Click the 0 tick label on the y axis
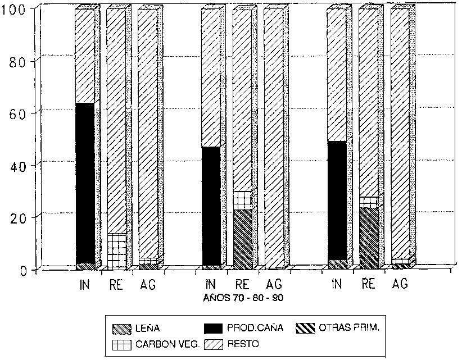click(24, 270)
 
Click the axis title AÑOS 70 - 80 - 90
click(242, 299)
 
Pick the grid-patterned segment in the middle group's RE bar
click(242, 200)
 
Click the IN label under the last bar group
click(336, 285)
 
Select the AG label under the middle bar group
click(274, 285)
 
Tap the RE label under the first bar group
click(116, 285)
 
